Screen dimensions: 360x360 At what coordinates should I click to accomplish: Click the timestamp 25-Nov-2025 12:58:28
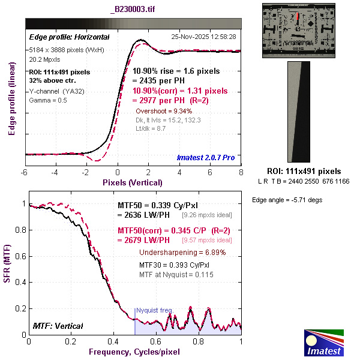204,37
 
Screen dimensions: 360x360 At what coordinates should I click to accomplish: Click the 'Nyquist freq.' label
154,310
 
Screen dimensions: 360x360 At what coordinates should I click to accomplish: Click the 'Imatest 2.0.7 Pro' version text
206,158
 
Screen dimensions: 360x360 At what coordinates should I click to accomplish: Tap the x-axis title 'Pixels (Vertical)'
133,182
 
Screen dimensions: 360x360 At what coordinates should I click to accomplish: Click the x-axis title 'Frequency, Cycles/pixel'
134,350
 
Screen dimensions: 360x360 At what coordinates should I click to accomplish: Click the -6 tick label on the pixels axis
24,172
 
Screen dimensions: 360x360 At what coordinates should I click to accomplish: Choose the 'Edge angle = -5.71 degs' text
287,200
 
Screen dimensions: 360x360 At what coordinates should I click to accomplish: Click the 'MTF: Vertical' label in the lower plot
57,326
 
